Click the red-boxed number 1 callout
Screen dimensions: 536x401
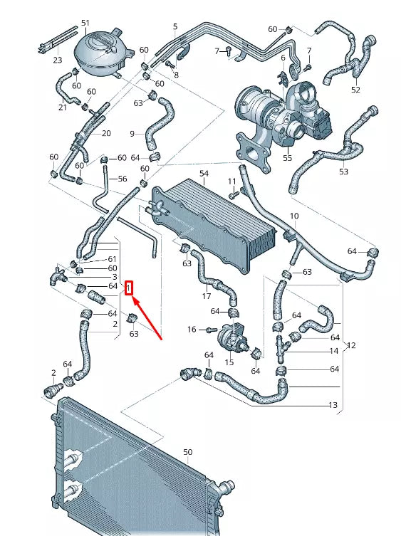click(x=129, y=288)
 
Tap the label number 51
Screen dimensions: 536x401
click(x=85, y=23)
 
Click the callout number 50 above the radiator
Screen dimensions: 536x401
click(x=187, y=452)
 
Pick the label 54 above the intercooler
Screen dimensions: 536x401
click(x=204, y=174)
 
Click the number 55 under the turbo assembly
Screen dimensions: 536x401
click(x=288, y=158)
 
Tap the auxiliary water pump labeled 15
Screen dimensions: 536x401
click(x=231, y=335)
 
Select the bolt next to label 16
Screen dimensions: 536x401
click(x=209, y=330)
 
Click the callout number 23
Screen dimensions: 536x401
click(x=58, y=61)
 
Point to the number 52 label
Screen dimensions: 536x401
click(x=355, y=90)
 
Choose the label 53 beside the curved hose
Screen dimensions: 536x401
click(x=344, y=172)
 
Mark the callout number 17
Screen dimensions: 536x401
click(x=206, y=296)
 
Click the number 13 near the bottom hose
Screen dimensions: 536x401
click(x=333, y=404)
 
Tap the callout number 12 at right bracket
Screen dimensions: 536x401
click(x=351, y=346)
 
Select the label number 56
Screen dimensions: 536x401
click(x=122, y=179)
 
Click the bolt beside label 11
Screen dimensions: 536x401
click(x=233, y=182)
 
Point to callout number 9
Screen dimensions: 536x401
click(x=132, y=133)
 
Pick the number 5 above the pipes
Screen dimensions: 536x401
click(x=175, y=27)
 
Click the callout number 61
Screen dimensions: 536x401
click(x=112, y=259)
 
